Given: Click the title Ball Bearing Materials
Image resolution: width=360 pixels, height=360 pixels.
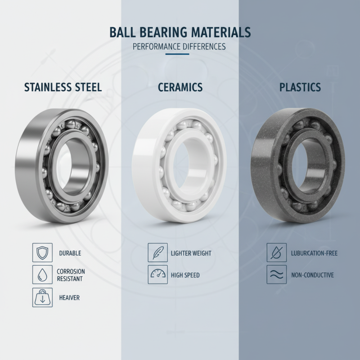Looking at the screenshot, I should click(180, 33).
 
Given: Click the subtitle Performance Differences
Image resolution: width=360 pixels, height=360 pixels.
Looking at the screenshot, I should click(180, 47).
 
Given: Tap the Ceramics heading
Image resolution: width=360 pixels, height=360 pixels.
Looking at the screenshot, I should click(180, 87).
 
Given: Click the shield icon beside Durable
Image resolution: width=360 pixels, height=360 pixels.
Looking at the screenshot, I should click(42, 252).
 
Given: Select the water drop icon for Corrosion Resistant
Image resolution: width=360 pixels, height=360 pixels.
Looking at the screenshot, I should click(42, 274).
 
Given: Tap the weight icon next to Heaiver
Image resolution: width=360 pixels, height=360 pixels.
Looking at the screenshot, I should click(42, 297).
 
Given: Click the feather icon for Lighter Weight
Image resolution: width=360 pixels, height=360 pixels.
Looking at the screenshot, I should click(157, 252).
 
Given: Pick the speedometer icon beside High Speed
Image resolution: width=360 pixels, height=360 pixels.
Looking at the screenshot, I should click(157, 274).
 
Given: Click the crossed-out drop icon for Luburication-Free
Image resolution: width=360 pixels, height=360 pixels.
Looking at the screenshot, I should click(276, 252).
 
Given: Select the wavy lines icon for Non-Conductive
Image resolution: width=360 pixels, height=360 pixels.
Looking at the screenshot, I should click(276, 274).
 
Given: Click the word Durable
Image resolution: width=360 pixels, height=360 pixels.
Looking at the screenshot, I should click(70, 253).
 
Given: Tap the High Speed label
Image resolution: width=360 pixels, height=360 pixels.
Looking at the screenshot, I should click(185, 275).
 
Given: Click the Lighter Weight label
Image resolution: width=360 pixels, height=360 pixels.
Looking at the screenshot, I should click(191, 253).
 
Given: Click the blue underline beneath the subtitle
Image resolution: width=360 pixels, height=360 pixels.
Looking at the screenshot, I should click(180, 55).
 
